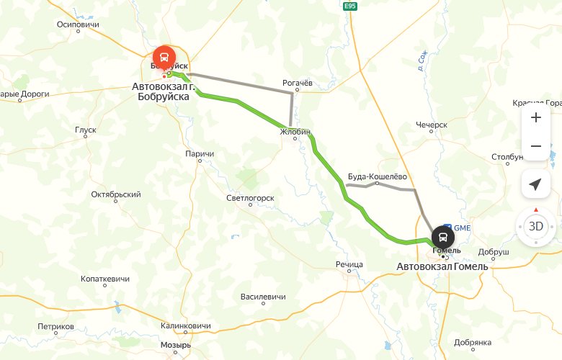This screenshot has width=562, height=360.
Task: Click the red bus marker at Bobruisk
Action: (x=164, y=56)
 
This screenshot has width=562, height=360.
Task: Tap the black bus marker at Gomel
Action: (x=443, y=237)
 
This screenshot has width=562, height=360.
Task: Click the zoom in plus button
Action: (x=535, y=117)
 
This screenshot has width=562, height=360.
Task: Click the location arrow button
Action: (x=535, y=184)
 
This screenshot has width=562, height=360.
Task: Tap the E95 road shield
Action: (x=350, y=6)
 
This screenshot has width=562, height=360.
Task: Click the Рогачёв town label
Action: (x=296, y=83)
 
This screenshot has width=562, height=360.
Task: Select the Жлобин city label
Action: (x=295, y=132)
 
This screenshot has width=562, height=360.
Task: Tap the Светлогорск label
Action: (x=250, y=197)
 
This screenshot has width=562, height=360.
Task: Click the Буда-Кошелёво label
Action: (x=378, y=176)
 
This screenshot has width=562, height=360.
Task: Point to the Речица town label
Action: (x=349, y=264)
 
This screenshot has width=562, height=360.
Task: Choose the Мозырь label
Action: (x=175, y=345)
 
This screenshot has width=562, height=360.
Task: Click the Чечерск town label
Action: (x=432, y=125)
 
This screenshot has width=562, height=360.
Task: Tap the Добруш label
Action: (x=493, y=253)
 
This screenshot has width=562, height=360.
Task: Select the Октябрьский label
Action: (x=116, y=194)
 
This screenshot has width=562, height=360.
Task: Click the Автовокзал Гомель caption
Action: (x=442, y=267)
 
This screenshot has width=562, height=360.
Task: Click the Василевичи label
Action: (x=263, y=297)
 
